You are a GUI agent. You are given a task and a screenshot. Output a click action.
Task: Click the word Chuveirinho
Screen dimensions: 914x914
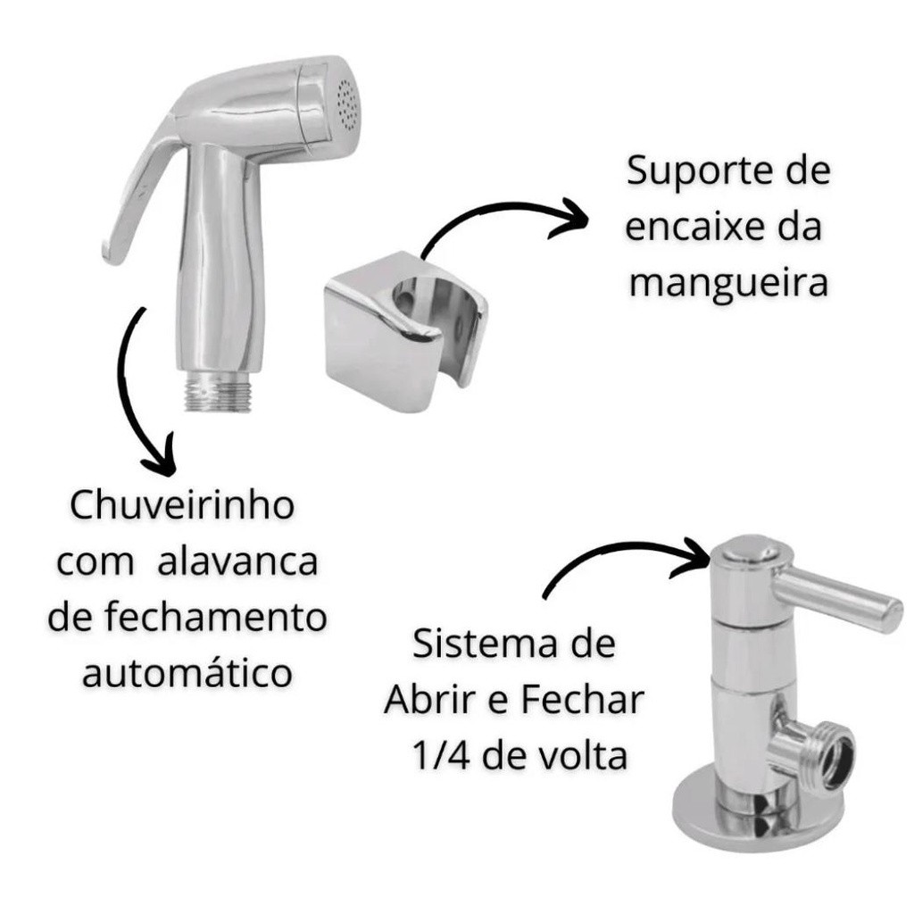click(182, 505)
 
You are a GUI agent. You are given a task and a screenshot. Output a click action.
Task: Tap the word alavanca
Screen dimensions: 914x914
click(237, 562)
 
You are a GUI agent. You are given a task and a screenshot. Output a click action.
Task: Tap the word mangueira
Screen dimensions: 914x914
click(728, 284)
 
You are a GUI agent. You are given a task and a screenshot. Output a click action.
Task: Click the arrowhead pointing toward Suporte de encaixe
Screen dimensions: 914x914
click(567, 220)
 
